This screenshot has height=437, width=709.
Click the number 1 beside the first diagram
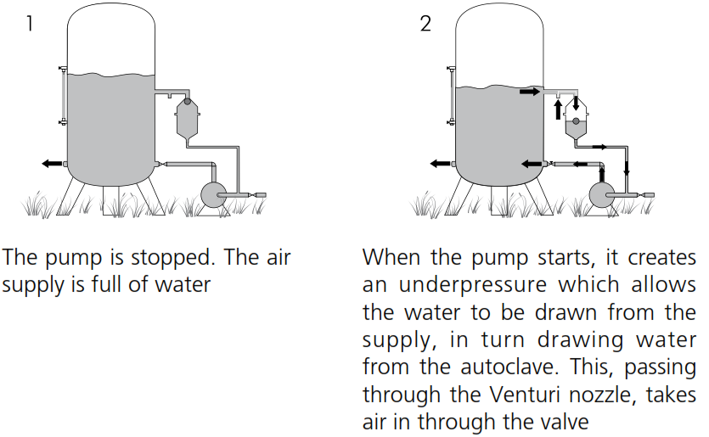tap(31, 24)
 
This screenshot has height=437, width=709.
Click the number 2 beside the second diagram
tap(425, 24)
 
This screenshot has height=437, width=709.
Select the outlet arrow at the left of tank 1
tap(52, 163)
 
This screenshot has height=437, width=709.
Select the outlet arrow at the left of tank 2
tap(440, 164)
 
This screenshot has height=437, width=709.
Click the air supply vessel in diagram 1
tap(188, 120)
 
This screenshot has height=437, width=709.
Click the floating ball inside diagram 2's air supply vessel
tap(577, 120)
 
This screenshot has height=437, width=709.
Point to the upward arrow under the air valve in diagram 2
tap(558, 108)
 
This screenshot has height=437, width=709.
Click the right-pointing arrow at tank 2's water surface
tap(530, 91)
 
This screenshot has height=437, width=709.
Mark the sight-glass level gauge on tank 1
tap(62, 96)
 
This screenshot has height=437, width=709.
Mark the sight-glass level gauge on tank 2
tap(451, 96)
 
